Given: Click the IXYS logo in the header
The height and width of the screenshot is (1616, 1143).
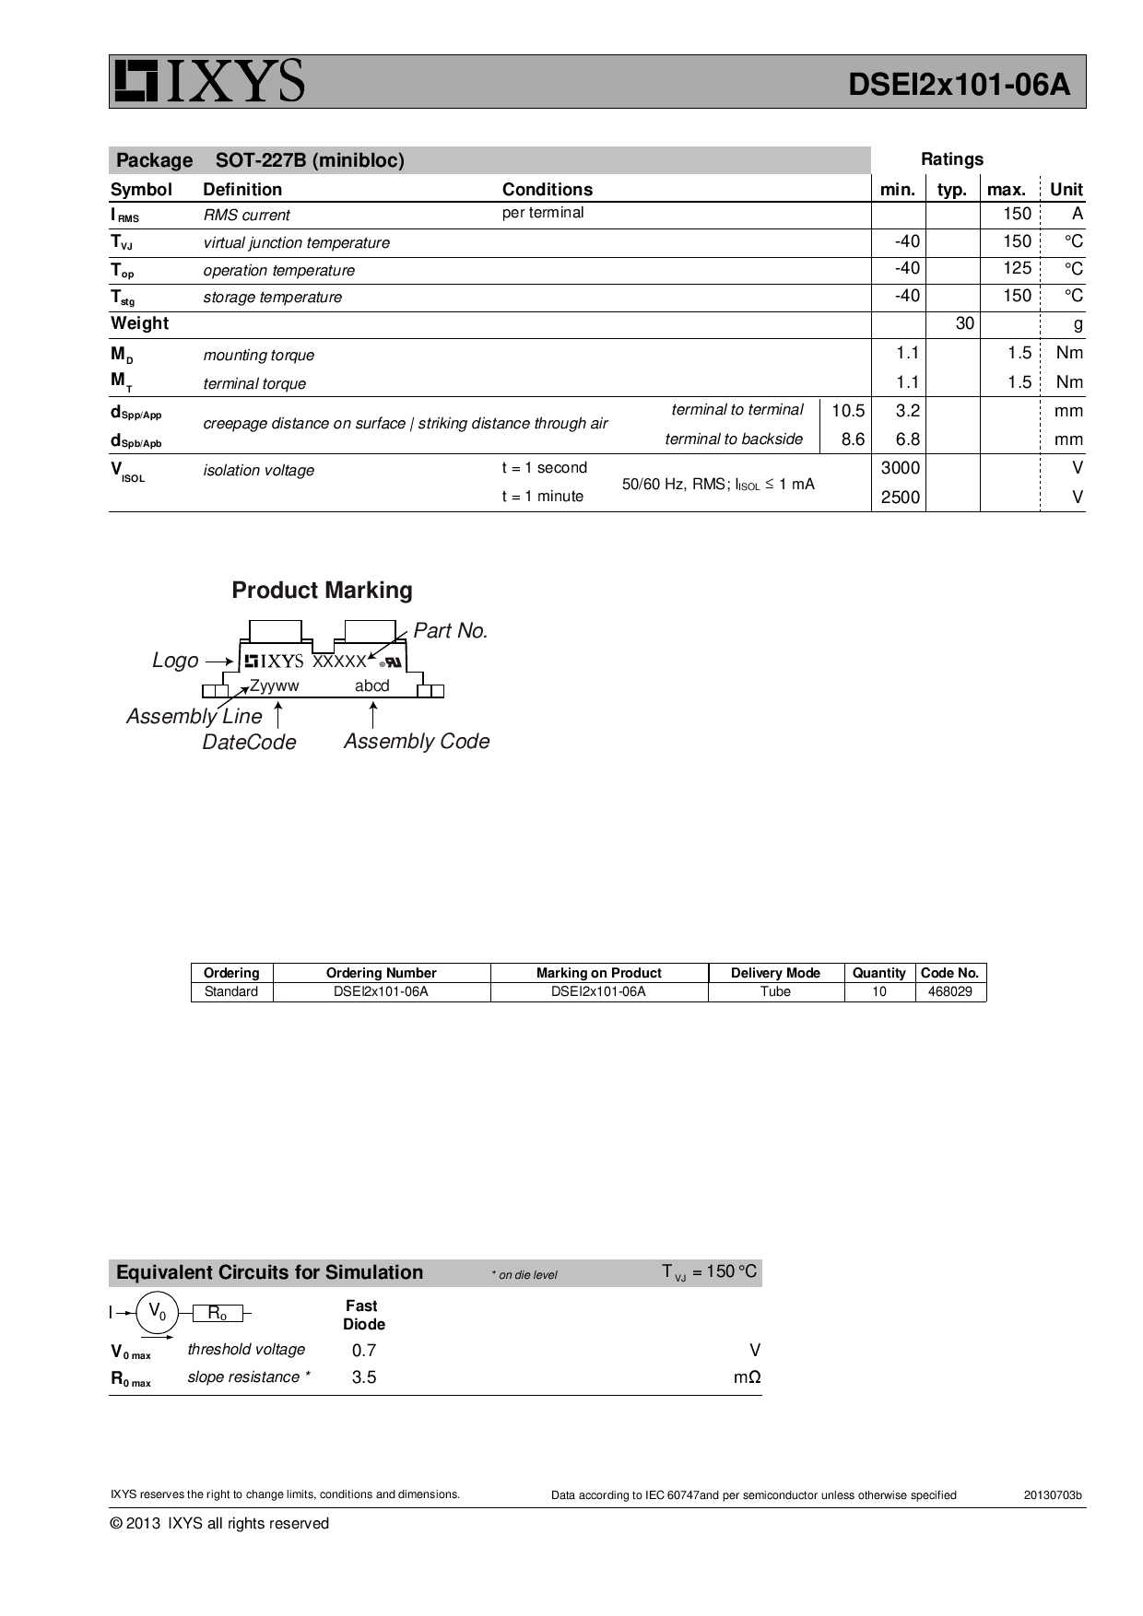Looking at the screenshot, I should (208, 81).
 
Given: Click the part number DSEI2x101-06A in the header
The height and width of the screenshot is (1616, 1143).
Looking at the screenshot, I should (959, 85).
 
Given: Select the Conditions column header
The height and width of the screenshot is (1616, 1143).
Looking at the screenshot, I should (547, 190).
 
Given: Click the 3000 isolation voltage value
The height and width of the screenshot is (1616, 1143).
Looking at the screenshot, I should (900, 468).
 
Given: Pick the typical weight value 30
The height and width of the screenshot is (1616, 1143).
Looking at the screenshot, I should (964, 323).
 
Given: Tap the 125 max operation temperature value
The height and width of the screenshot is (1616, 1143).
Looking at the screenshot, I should (1017, 268).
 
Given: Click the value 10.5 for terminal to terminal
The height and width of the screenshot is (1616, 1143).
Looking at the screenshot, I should (847, 411).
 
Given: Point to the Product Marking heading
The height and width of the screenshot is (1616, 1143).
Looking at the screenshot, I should (322, 591).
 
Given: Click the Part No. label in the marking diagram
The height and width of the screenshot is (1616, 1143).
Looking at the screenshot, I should (450, 631).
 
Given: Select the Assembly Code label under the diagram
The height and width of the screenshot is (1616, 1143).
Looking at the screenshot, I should (417, 742).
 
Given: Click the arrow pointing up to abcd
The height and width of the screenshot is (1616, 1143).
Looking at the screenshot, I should (372, 715).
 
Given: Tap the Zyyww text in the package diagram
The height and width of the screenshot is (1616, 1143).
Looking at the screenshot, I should (274, 686).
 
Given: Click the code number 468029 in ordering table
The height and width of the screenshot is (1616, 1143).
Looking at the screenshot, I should (949, 992).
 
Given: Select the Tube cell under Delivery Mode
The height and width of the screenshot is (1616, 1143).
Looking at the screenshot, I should (775, 992).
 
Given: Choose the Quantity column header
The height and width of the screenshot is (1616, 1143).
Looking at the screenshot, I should (878, 973).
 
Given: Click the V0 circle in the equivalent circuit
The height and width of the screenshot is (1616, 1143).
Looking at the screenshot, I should (158, 1312).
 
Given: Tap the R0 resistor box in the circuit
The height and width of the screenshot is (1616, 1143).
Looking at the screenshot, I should (218, 1314).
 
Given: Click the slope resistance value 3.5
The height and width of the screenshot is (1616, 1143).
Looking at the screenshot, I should (363, 1377).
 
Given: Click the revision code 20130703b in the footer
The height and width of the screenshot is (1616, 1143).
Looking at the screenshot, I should (1052, 1495).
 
